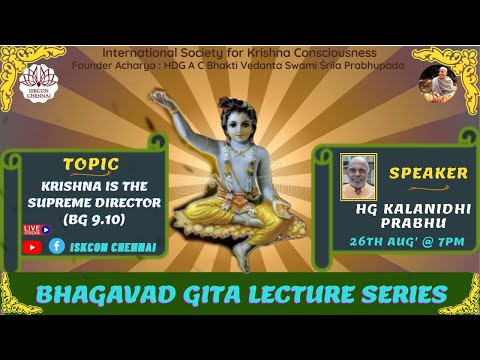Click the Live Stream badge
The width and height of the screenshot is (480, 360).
tap(36, 229)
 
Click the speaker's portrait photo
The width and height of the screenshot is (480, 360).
tap(358, 176)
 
